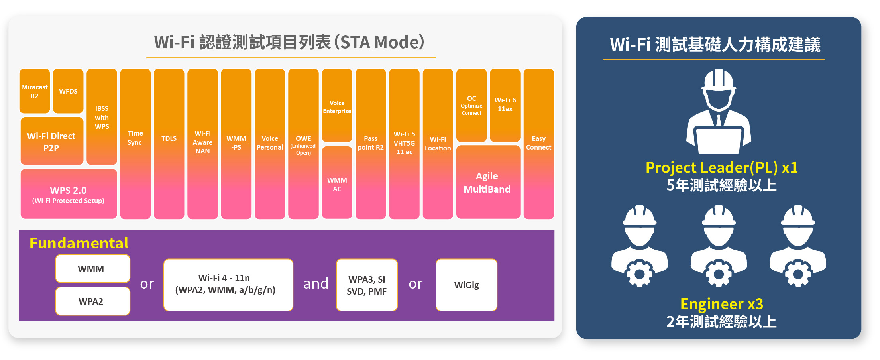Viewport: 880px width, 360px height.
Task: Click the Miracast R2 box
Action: coord(35,91)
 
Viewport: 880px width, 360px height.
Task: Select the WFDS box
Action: coord(68,91)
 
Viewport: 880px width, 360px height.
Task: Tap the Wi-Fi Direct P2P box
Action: coord(52,141)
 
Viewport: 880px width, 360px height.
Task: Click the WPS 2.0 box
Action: coord(69,194)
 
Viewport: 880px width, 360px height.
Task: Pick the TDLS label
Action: coord(169,138)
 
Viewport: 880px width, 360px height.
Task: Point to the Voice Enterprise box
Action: coord(337,105)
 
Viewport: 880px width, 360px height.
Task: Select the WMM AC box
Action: coord(337,183)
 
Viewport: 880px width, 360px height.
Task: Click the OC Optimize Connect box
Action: coord(471,105)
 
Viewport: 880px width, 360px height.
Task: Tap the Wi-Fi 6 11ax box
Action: coord(505,105)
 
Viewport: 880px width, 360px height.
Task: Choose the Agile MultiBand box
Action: coord(488,182)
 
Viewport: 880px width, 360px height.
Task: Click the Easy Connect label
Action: coord(539,143)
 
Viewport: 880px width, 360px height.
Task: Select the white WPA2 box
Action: coord(93,301)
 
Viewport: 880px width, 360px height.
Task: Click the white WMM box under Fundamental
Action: coord(93,268)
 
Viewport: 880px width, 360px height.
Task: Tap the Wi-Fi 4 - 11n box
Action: coord(228,285)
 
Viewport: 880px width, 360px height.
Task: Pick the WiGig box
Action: coord(466,285)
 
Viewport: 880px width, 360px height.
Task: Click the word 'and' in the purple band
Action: coord(316,283)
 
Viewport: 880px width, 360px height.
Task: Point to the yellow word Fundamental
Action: coord(79,243)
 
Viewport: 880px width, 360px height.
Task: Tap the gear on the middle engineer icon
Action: coord(719,273)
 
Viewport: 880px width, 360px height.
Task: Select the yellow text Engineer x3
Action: coord(722,304)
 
